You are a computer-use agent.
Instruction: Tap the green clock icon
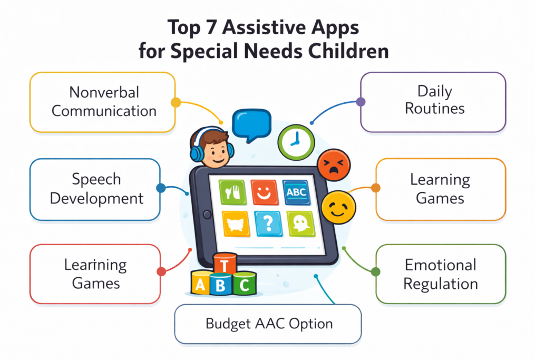tap(296, 142)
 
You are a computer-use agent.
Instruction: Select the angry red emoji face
tap(334, 165)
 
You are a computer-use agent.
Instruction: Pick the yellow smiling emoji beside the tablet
tap(338, 207)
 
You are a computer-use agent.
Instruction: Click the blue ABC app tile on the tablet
tap(296, 192)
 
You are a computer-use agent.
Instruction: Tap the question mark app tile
tap(268, 223)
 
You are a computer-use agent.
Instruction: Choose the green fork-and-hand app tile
tap(232, 192)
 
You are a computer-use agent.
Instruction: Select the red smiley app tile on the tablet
tap(265, 192)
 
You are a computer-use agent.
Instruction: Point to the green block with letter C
tap(244, 284)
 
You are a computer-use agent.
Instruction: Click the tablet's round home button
tap(207, 215)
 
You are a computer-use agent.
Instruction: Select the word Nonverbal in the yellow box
tap(104, 92)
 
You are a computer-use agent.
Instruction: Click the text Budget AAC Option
tap(269, 324)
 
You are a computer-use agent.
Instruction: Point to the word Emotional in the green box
tap(441, 265)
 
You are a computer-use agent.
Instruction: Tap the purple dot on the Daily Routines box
tap(361, 101)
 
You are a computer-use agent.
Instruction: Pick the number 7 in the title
tap(211, 27)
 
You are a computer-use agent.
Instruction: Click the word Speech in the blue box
tap(96, 180)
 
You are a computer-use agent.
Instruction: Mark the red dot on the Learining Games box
tap(161, 271)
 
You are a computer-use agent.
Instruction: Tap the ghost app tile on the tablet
tap(301, 224)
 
